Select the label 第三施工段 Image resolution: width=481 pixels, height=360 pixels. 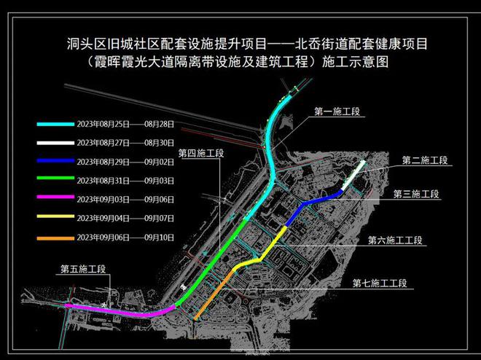pos(415,194)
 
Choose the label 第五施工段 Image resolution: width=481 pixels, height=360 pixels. pos(82,269)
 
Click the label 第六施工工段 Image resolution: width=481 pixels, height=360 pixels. pos(396,240)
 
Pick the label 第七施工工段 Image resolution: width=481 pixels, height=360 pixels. pos(379,283)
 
